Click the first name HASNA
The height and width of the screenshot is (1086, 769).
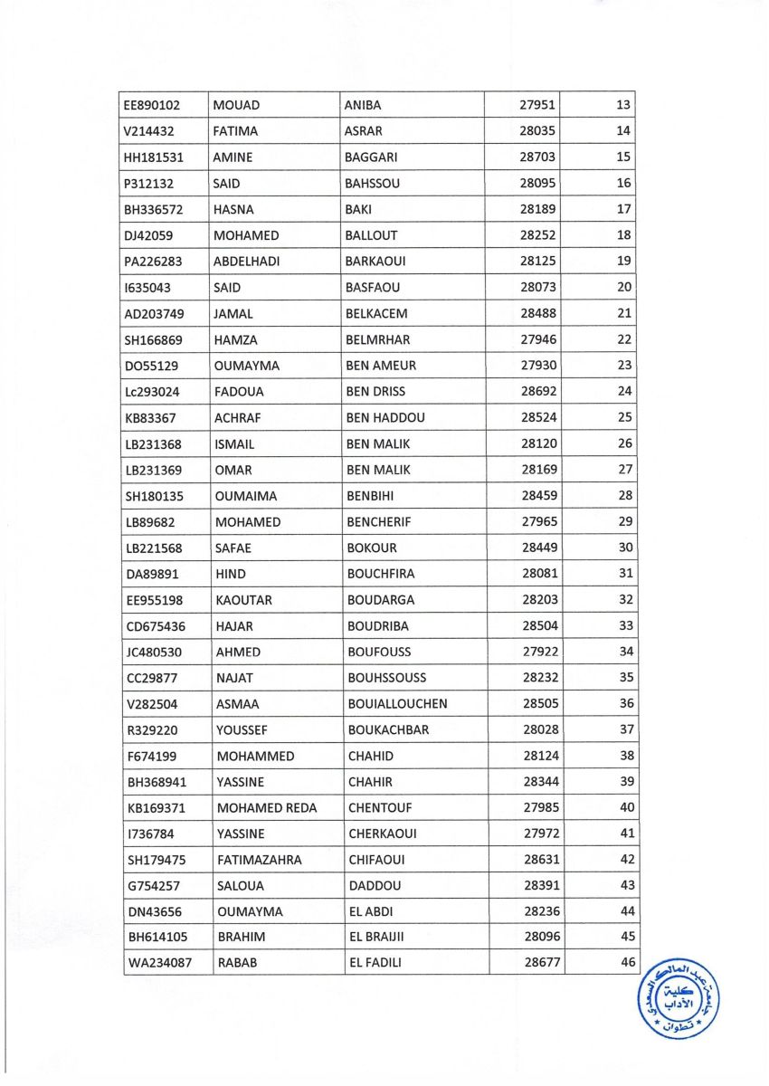click(x=233, y=209)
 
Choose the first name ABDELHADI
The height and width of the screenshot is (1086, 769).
click(x=245, y=262)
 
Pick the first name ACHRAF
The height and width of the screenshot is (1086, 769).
click(x=236, y=418)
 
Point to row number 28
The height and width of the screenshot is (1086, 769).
click(x=625, y=496)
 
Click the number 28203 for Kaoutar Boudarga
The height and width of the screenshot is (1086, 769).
click(x=538, y=600)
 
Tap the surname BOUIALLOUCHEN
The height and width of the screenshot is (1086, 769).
click(x=397, y=704)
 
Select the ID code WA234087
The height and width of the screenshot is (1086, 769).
click(x=159, y=964)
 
